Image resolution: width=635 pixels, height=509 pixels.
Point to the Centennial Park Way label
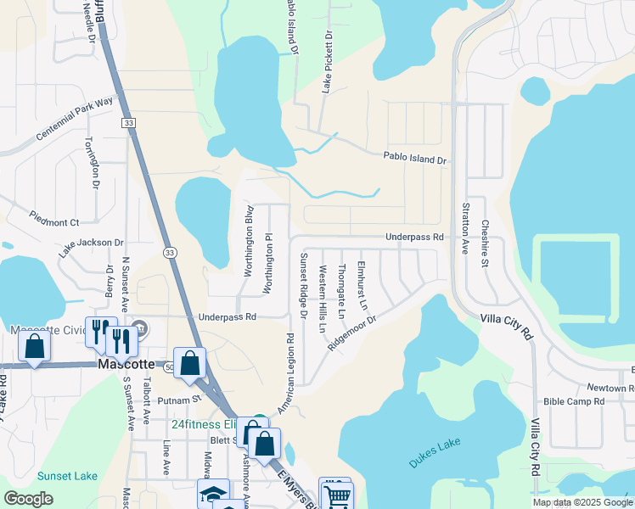tap(75, 120)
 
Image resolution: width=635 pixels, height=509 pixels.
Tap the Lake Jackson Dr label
tap(91, 247)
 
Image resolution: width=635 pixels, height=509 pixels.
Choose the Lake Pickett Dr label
tap(328, 62)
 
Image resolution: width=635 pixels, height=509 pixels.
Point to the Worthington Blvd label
tap(250, 241)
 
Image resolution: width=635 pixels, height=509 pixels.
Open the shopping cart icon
tap(337, 495)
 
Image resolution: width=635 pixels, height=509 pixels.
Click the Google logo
tap(28, 499)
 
